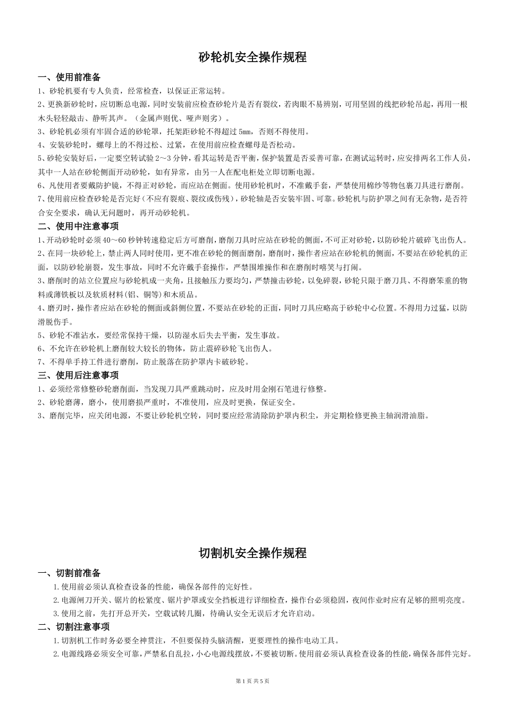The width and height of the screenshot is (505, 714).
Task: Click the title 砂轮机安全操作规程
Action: pos(252,57)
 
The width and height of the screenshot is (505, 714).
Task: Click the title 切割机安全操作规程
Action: pos(252,553)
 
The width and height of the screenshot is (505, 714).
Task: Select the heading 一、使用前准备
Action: pos(69,78)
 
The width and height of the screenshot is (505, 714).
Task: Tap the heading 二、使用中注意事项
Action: pos(78,227)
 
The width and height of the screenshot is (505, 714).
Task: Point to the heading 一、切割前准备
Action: pos(69,573)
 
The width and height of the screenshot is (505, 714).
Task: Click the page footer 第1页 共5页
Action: pos(252,681)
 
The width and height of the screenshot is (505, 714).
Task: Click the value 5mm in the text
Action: pos(246,132)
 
